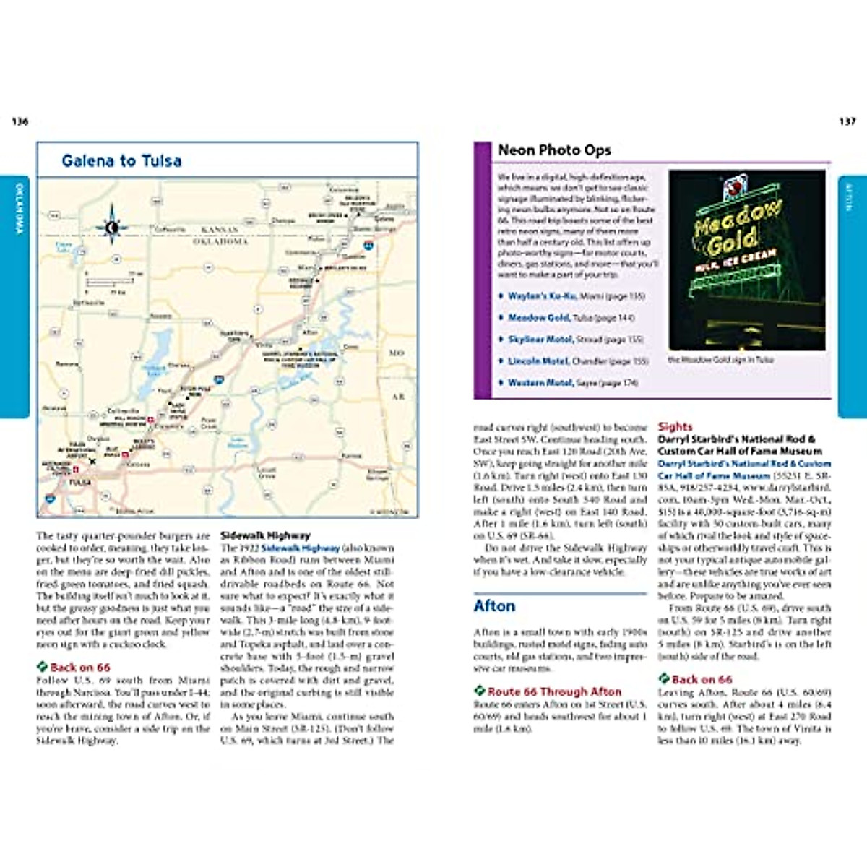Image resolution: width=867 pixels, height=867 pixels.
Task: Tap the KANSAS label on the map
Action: click(x=219, y=230)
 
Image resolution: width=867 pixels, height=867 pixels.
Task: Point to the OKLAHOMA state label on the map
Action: click(x=220, y=241)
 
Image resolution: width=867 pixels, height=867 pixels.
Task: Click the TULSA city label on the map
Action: click(x=80, y=482)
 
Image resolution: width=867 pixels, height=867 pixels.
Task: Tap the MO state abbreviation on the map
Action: click(x=397, y=353)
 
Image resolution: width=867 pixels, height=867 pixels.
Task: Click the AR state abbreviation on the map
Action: click(x=398, y=397)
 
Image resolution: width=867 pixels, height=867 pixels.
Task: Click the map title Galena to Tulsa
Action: click(x=121, y=161)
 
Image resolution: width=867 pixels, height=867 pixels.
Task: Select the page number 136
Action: click(x=20, y=121)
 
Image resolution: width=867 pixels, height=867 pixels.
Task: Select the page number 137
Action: click(x=847, y=121)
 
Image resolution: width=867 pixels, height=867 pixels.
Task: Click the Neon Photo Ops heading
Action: click(x=554, y=150)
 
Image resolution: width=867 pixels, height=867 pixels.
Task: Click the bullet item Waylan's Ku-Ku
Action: click(x=542, y=296)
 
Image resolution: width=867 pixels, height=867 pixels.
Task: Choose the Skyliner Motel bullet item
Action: click(x=540, y=339)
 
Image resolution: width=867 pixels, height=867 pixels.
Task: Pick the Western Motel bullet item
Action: click(x=540, y=382)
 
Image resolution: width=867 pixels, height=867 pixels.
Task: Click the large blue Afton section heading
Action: click(x=495, y=605)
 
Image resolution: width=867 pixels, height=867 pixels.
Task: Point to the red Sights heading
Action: click(x=675, y=427)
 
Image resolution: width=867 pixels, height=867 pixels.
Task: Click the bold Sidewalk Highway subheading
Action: click(x=265, y=535)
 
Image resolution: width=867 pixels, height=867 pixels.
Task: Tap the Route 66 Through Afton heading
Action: click(x=553, y=691)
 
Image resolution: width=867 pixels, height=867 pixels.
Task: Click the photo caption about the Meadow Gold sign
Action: click(x=720, y=359)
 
